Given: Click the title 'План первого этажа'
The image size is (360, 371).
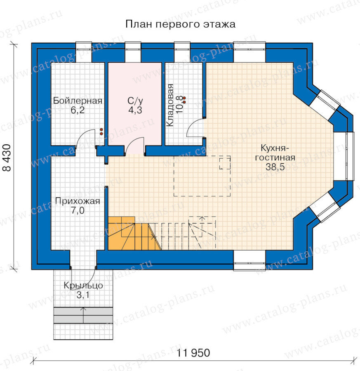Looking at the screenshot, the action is coord(180,24).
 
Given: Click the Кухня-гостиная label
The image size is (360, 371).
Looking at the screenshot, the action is coord(275,153).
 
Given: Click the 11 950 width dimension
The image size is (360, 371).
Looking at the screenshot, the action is coord(193,353).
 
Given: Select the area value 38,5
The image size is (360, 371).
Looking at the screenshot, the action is coord(275,167).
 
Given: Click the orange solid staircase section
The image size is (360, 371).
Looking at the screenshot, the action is coord(134,233).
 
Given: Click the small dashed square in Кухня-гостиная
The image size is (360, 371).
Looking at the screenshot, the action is coord(225,162).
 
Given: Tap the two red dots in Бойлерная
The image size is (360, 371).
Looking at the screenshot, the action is coord(101,132).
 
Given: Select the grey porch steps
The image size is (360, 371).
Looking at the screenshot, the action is coord(83,315).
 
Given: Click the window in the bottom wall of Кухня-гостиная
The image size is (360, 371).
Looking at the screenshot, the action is coord(249,260).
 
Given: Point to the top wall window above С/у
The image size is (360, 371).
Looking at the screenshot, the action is coord(133,52).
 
